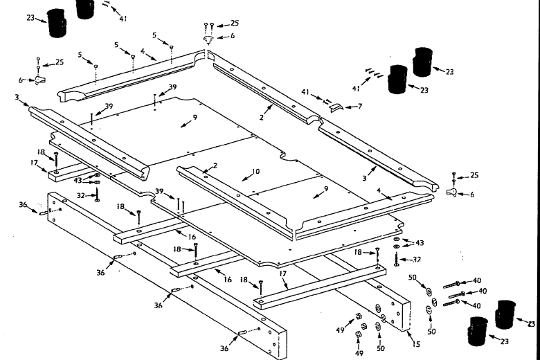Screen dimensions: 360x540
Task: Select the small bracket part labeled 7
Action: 335,106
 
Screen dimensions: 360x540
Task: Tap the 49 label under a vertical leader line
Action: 359,353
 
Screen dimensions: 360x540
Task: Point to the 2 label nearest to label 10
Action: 215,166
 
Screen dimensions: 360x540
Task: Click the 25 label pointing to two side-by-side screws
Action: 235,23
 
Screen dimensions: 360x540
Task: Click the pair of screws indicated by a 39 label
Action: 181,205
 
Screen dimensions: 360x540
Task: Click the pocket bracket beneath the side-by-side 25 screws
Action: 208,39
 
